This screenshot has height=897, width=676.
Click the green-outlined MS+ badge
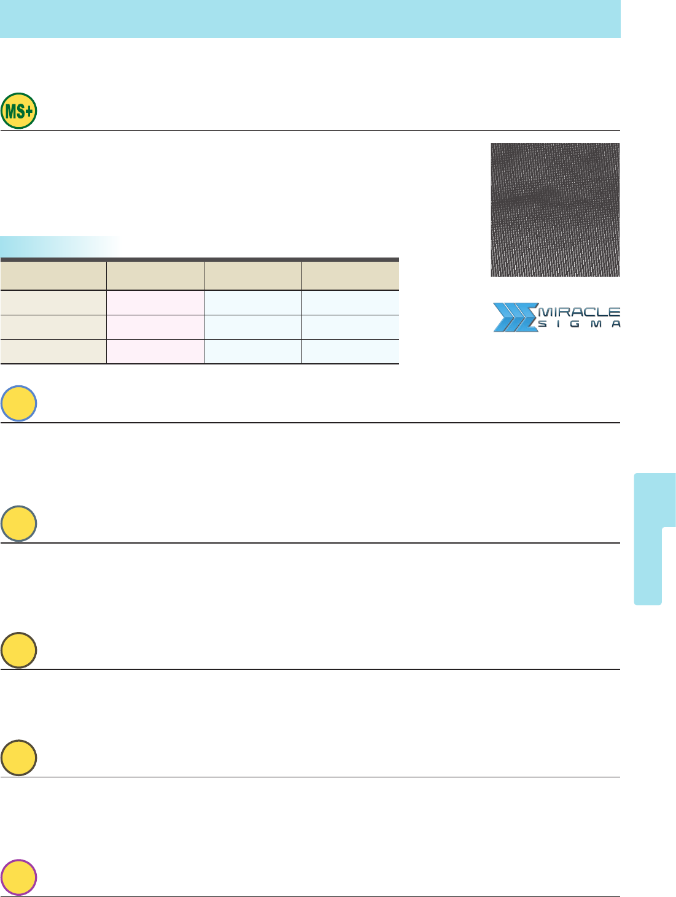pos(19,111)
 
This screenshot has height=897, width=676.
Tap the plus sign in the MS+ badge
pos(28,111)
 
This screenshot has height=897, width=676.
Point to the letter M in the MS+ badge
pos(12,111)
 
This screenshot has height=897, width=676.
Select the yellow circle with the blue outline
pos(19,403)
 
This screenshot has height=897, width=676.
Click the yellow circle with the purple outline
pos(19,877)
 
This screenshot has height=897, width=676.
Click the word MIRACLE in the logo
pos(579,312)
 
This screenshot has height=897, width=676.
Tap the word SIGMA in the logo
pos(579,324)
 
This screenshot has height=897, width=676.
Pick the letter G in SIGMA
pos(575,324)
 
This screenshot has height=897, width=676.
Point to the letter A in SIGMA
pos(616,324)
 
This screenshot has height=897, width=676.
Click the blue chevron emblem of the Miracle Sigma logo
pos(515,317)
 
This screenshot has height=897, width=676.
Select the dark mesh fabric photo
pos(555,210)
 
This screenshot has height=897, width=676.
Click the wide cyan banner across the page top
pos(310,19)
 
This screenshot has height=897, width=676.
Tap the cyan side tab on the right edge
pos(655,539)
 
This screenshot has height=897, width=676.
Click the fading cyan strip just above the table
pos(61,247)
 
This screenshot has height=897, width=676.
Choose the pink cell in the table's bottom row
pos(155,352)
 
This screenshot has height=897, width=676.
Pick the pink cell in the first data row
pos(155,303)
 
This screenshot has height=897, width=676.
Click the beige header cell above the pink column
pos(155,276)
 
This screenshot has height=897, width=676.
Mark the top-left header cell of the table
pos(53,276)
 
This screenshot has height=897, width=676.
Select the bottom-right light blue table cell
pos(351,352)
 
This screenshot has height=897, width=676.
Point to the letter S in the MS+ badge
pos(21,111)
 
